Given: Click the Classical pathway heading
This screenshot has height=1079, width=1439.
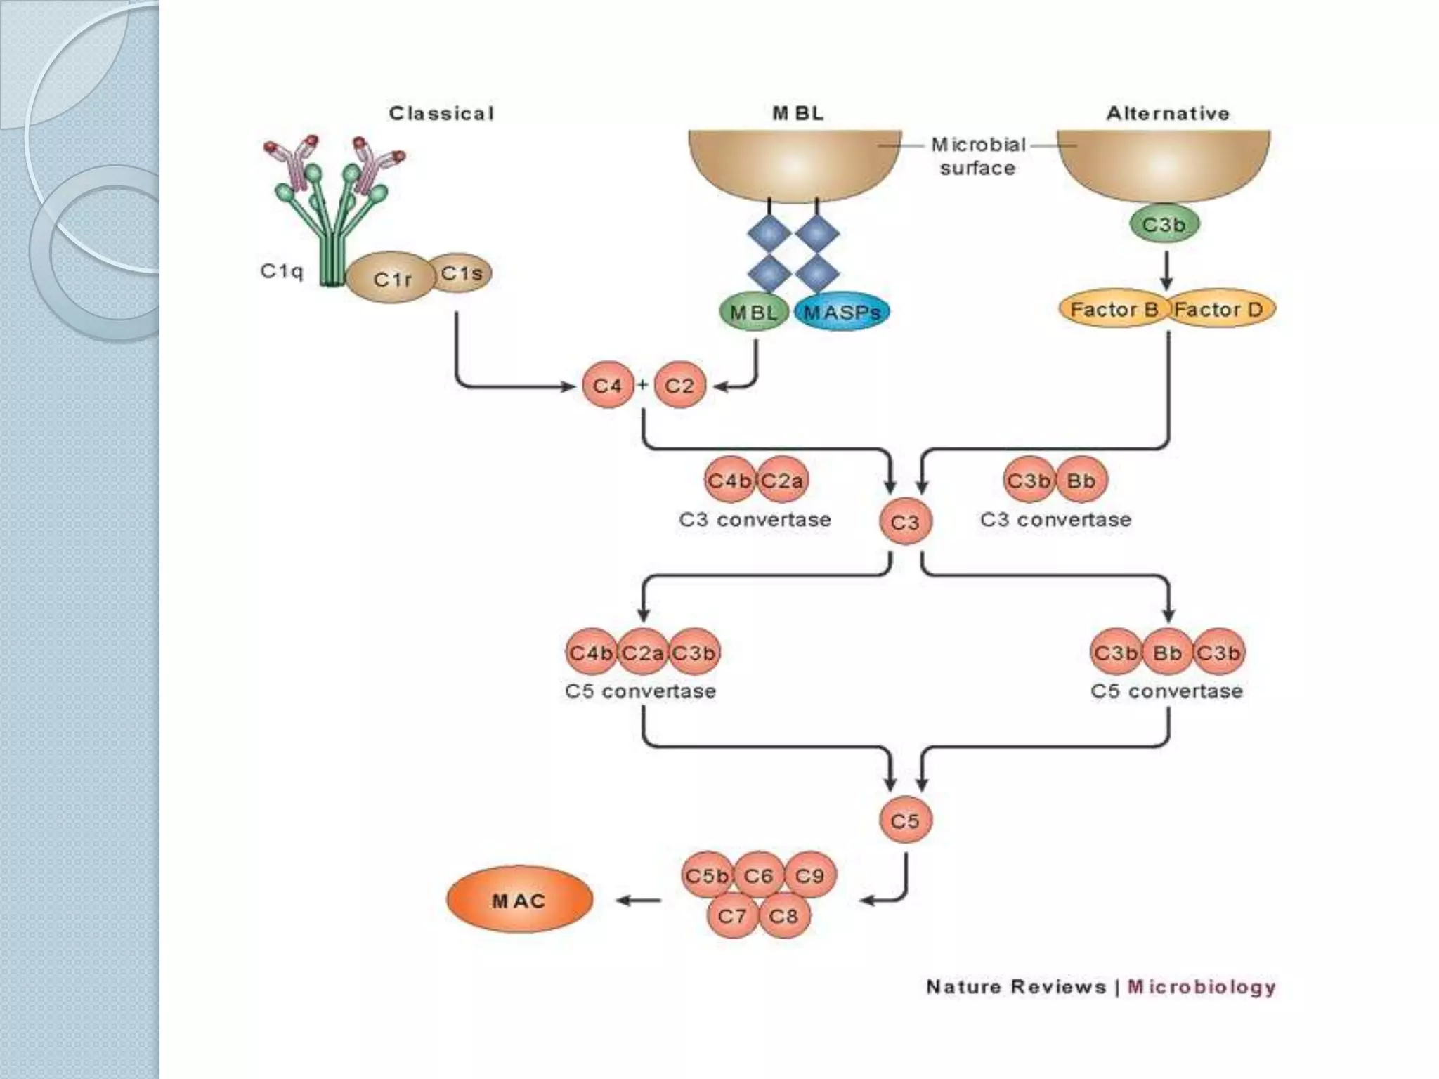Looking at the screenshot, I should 441,113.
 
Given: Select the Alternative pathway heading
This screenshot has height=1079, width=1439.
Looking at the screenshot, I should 1168,113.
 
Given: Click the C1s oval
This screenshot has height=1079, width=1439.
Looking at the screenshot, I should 462,273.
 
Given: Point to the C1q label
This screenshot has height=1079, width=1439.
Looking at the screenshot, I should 281,271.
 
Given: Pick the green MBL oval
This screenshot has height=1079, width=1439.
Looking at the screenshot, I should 753,312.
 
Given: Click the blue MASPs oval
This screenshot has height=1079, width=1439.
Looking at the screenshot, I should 842,312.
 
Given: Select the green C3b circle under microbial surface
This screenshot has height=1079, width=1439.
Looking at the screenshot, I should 1164,225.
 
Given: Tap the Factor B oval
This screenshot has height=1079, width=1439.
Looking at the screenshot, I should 1113,309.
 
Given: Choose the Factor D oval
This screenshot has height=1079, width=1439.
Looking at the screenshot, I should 1220,309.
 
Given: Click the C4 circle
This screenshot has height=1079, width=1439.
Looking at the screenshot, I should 607,385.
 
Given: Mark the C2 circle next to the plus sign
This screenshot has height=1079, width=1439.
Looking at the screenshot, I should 679,385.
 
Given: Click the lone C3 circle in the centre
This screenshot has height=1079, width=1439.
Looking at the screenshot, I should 905,522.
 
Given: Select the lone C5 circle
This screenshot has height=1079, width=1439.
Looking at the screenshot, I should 905,820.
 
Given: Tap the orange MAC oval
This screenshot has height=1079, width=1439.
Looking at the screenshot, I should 519,900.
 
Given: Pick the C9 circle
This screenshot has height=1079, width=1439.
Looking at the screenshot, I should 809,875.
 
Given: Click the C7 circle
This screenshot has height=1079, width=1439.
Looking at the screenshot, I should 732,915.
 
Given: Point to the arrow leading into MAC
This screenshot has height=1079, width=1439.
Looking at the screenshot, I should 638,901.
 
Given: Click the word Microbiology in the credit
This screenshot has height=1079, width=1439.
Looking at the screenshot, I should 1202,986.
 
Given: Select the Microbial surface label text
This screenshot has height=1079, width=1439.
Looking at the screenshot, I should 978,156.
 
